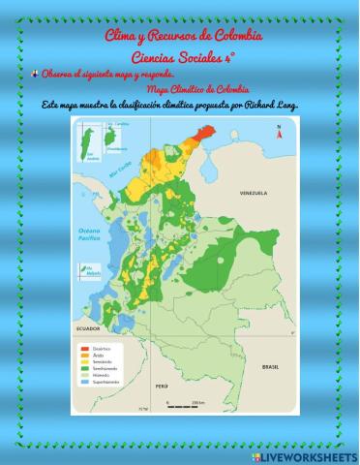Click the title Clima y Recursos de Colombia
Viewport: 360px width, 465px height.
point(183,36)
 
